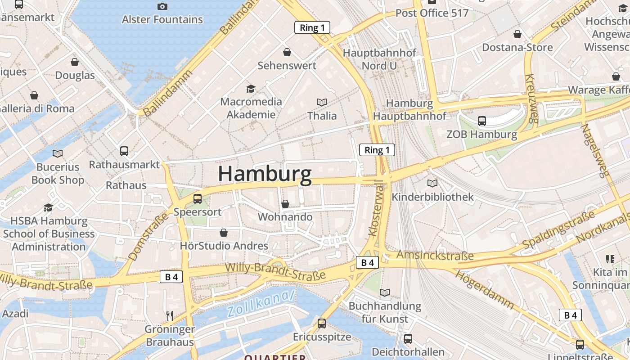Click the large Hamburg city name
click(x=265, y=174)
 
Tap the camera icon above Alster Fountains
click(x=162, y=6)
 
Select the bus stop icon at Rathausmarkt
click(x=124, y=151)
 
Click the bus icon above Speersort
click(x=197, y=198)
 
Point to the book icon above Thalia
click(x=322, y=102)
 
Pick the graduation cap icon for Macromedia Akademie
click(x=251, y=89)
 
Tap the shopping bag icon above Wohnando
click(x=285, y=204)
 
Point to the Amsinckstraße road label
click(x=435, y=256)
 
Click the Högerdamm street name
click(x=484, y=289)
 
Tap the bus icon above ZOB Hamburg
click(x=482, y=121)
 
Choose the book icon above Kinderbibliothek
click(x=432, y=183)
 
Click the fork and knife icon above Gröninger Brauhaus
click(x=170, y=315)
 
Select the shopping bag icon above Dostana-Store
click(x=517, y=34)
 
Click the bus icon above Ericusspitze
click(x=322, y=323)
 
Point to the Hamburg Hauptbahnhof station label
click(x=409, y=109)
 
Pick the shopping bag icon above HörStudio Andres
click(x=224, y=233)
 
